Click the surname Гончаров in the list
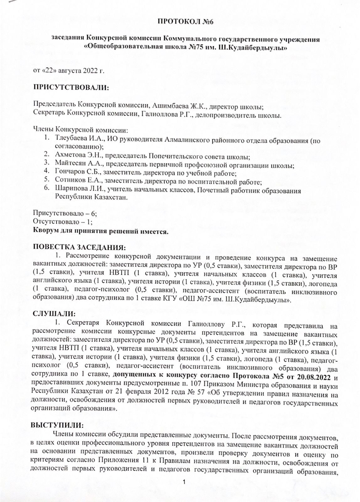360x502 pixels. (69, 173)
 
